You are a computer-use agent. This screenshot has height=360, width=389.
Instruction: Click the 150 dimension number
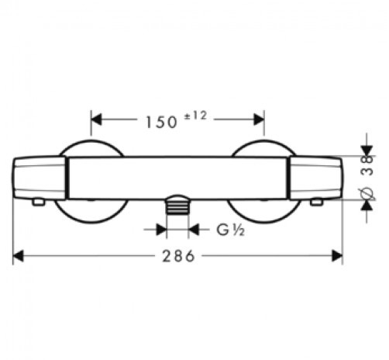coord(161,123)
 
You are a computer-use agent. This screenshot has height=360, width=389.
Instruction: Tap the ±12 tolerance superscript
coord(195,116)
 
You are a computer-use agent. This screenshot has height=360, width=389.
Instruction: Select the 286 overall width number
coord(178,256)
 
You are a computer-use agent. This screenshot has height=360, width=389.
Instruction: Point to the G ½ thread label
coord(230,230)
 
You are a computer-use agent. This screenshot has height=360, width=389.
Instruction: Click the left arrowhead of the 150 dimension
coord(96,119)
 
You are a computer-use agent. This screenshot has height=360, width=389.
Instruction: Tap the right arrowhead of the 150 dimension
coord(259,119)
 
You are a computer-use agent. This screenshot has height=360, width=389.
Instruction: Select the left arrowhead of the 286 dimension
coord(18,256)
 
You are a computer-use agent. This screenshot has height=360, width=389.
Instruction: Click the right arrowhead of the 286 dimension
coord(337,256)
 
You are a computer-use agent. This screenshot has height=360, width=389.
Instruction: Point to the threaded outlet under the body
coord(177,205)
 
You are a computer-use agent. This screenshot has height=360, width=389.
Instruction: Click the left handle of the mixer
coord(39,178)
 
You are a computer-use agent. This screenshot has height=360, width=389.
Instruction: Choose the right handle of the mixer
coord(315,178)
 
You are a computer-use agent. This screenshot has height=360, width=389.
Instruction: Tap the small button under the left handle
coord(39,202)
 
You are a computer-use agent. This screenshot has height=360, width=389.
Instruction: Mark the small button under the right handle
coord(317,202)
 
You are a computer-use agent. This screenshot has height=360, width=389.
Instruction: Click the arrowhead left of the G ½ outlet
coord(161,230)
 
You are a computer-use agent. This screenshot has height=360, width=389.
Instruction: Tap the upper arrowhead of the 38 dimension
coord(367,151)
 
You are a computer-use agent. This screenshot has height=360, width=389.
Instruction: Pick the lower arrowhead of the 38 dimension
coord(367,205)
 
